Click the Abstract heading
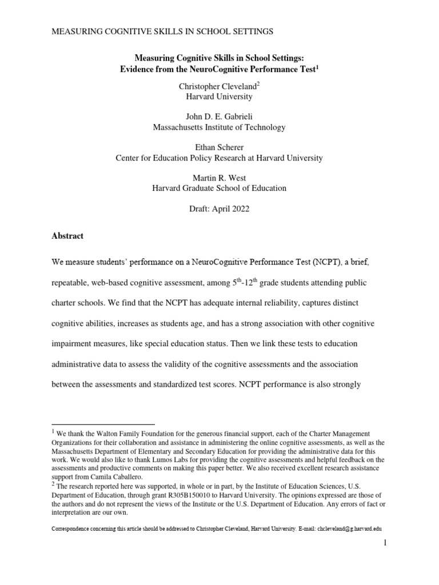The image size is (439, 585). pyautogui.click(x=67, y=235)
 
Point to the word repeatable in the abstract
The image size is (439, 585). pyautogui.click(x=74, y=283)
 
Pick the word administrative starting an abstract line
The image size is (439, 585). pyautogui.click(x=79, y=364)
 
